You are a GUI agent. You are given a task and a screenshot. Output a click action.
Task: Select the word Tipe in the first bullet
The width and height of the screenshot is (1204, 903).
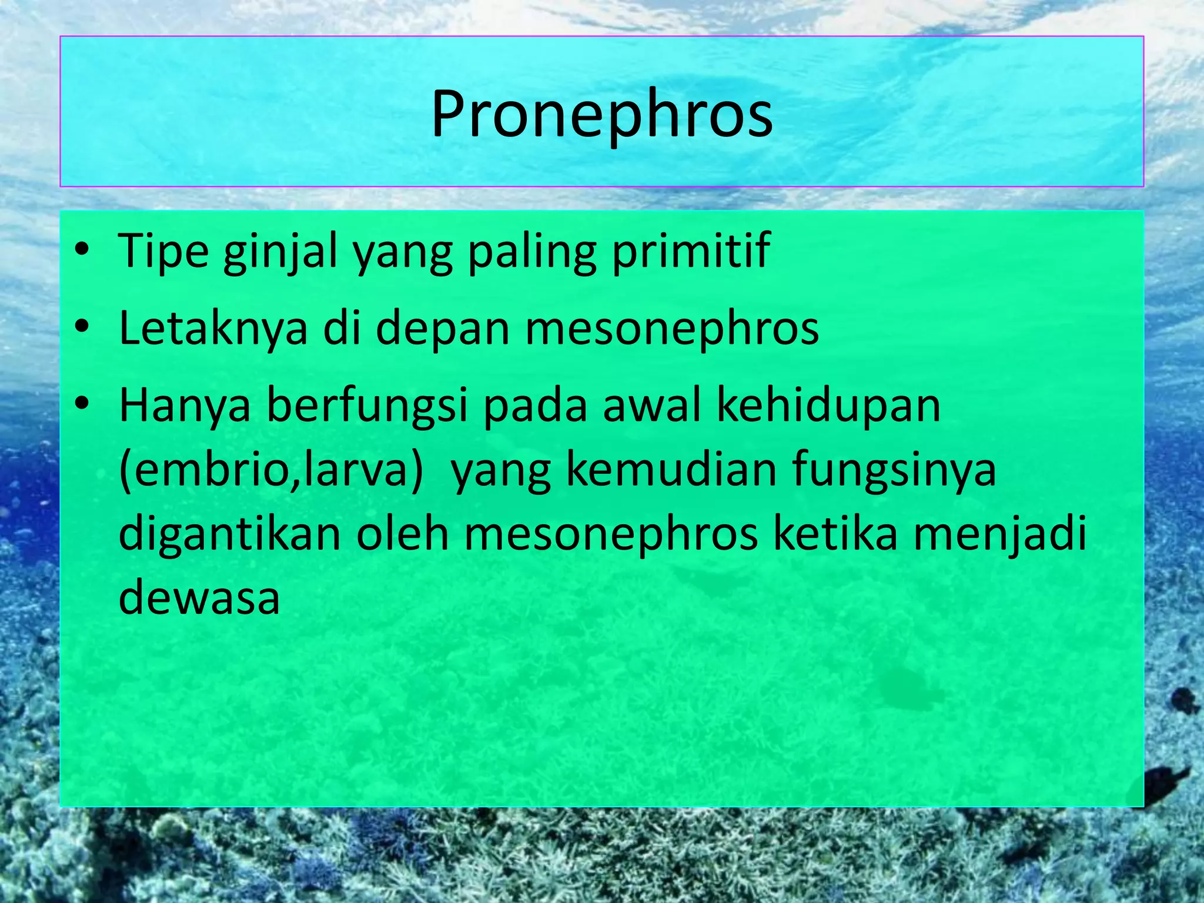(x=163, y=251)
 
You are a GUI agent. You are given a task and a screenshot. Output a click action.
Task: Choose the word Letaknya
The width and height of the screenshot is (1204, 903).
(x=213, y=328)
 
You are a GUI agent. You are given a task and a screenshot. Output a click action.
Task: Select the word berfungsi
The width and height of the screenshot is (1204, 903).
(x=367, y=407)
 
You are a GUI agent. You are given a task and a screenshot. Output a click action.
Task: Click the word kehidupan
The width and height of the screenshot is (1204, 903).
(x=829, y=407)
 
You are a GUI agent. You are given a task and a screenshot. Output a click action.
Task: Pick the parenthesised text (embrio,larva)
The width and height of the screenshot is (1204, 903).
(x=271, y=470)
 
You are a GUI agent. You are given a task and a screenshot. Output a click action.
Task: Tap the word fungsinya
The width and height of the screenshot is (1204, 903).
(x=894, y=470)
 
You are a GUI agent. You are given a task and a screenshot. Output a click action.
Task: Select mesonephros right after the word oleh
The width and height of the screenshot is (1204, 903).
(x=611, y=535)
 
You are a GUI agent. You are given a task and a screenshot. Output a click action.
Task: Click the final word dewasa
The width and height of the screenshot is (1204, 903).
(x=199, y=597)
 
